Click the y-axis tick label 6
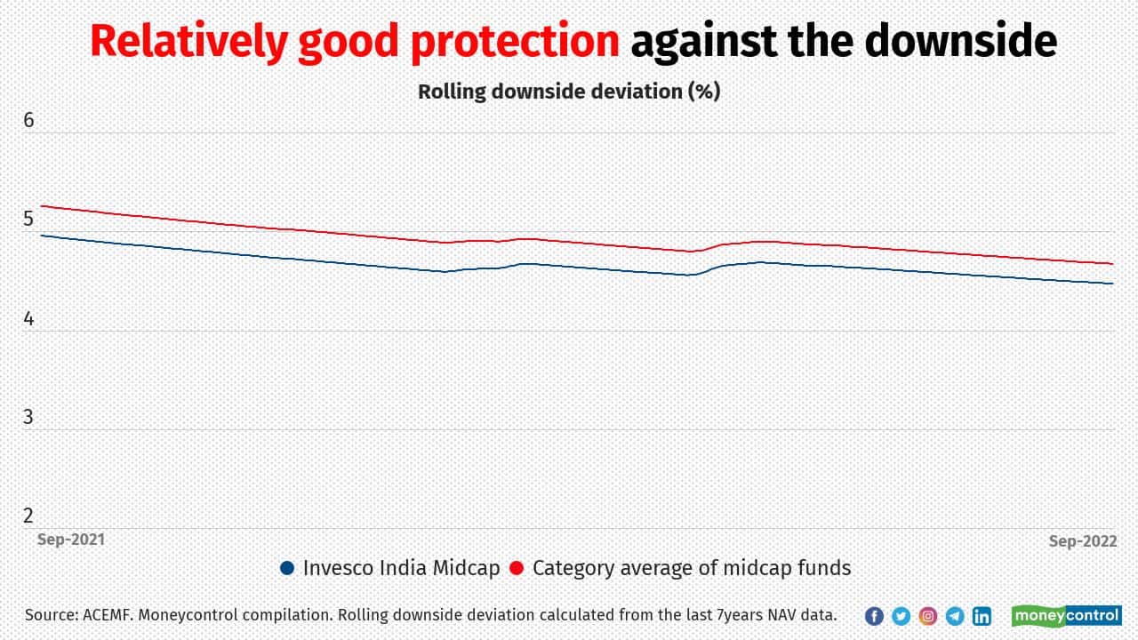pyautogui.click(x=29, y=120)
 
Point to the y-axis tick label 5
pyautogui.click(x=29, y=219)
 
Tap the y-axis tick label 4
pyautogui.click(x=29, y=317)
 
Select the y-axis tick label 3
pyautogui.click(x=29, y=416)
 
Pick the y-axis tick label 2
pyautogui.click(x=29, y=515)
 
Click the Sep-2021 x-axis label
pyautogui.click(x=70, y=540)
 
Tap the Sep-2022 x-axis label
pyautogui.click(x=1080, y=540)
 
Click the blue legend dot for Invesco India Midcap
pyautogui.click(x=286, y=568)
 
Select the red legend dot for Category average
pyautogui.click(x=517, y=568)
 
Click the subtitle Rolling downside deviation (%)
pyautogui.click(x=569, y=91)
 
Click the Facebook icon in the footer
pyautogui.click(x=874, y=616)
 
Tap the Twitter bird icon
pyautogui.click(x=901, y=616)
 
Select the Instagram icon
pyautogui.click(x=928, y=616)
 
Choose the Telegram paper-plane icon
pyautogui.click(x=955, y=616)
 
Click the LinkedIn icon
pyautogui.click(x=982, y=616)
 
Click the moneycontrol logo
pyautogui.click(x=1066, y=615)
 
